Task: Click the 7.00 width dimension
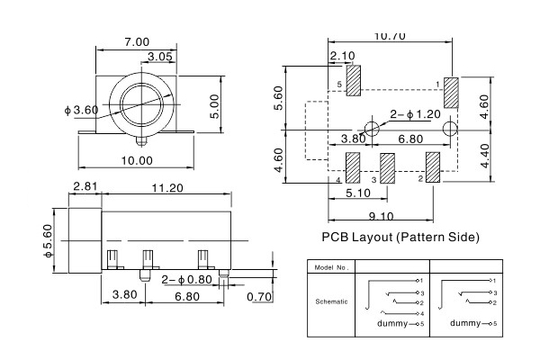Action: [x=138, y=42]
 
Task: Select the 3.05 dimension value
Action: [x=160, y=57]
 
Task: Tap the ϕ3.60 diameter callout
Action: [x=82, y=110]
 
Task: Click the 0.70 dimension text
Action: [x=258, y=296]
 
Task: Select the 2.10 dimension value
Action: [x=342, y=56]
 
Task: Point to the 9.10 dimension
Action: [x=382, y=215]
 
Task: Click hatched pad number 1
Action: [x=451, y=93]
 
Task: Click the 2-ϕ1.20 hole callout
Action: [x=415, y=114]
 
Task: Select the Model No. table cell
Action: [x=333, y=268]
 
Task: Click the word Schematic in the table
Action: [x=333, y=301]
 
